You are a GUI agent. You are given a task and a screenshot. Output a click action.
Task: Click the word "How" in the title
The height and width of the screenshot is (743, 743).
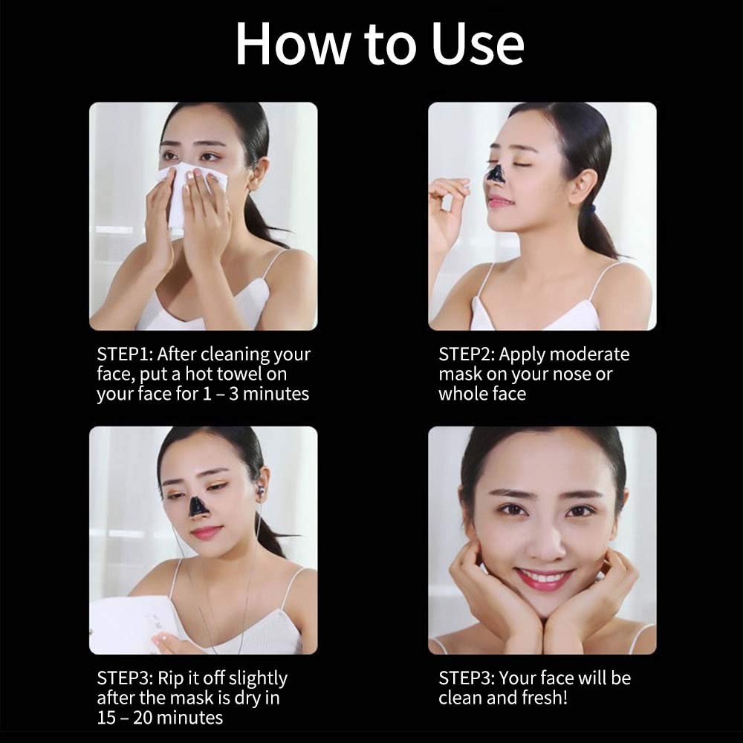point(285,45)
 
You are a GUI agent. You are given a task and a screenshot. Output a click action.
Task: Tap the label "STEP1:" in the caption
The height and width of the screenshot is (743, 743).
point(124,354)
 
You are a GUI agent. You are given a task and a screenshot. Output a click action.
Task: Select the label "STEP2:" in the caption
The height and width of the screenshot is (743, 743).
point(467,354)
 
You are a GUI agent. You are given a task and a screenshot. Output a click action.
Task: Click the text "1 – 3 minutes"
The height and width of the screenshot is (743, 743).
point(256,394)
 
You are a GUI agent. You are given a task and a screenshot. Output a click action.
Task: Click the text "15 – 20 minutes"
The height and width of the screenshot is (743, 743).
point(159,717)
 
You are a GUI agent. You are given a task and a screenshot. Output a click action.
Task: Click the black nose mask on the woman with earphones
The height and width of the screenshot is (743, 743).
point(198,507)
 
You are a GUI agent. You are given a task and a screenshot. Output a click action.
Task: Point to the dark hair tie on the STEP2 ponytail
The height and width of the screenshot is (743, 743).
point(588,209)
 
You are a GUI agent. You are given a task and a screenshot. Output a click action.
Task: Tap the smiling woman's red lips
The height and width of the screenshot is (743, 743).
point(543,578)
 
